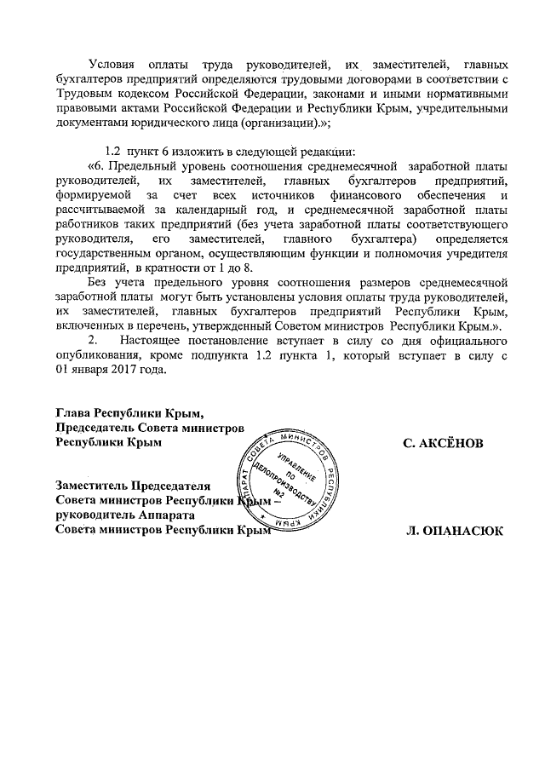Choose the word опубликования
(95, 356)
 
